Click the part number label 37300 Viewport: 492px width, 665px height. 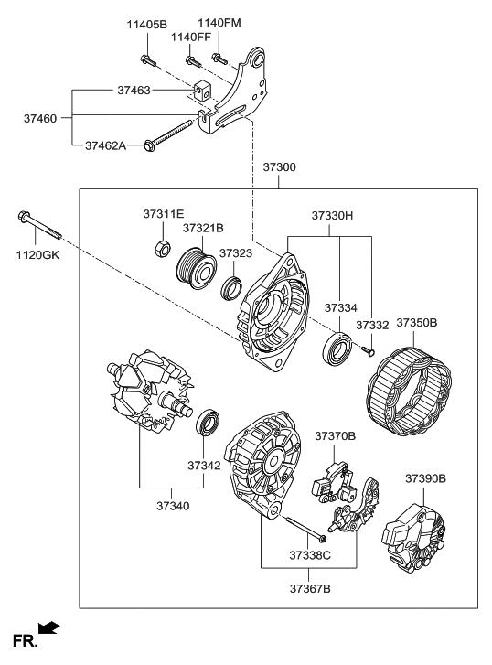pyautogui.click(x=279, y=169)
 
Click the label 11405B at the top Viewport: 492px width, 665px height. pyautogui.click(x=146, y=24)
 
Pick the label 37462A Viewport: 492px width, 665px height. pyautogui.click(x=106, y=145)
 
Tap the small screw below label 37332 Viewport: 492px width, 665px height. pyautogui.click(x=370, y=349)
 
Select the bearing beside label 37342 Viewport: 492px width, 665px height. pyautogui.click(x=209, y=423)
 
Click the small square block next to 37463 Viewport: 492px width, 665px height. pyautogui.click(x=202, y=91)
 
